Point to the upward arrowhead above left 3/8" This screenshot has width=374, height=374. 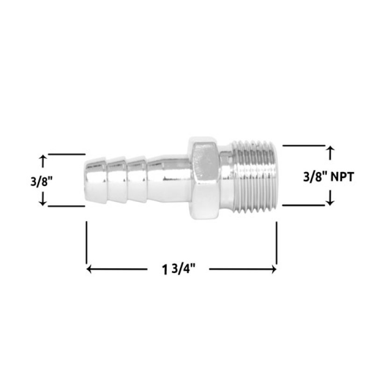coord(43,159)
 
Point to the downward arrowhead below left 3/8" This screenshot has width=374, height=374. coord(43,201)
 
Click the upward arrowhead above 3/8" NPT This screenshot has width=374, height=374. coord(331,150)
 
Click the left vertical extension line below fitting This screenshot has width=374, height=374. coord(87,243)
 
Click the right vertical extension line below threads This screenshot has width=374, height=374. coord(277,243)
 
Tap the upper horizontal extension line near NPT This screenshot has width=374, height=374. coord(304,146)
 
